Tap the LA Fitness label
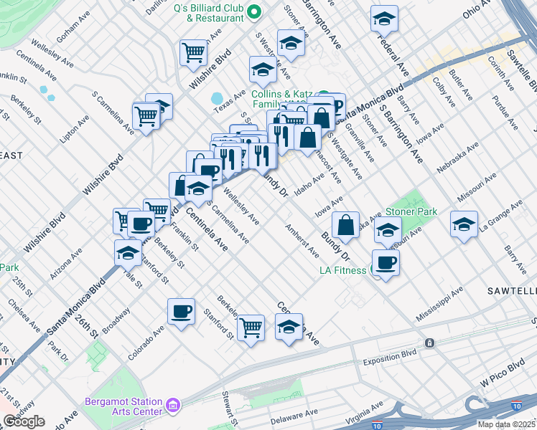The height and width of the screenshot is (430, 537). (x=343, y=270)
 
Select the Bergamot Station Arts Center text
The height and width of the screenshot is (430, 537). (x=124, y=406)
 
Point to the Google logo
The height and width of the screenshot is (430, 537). (x=23, y=421)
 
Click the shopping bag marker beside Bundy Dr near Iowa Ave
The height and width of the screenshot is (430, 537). (x=345, y=224)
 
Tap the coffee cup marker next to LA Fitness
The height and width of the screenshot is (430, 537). (x=386, y=263)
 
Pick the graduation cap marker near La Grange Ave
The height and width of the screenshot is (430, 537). (x=464, y=225)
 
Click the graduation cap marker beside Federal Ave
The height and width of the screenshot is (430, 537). (x=384, y=19)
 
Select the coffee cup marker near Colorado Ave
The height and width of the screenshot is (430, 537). (x=181, y=312)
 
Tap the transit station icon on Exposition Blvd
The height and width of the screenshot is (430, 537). (x=429, y=343)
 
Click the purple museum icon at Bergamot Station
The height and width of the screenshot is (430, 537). (x=173, y=406)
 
